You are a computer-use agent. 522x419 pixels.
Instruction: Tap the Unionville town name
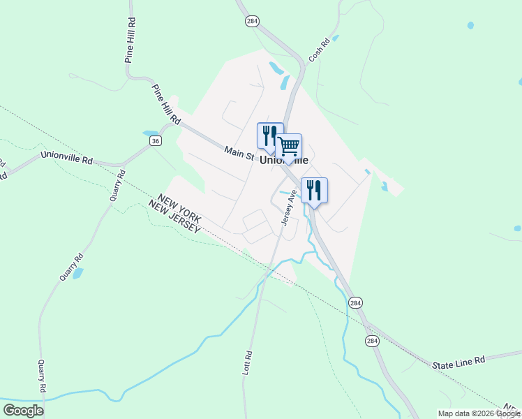tap(283, 160)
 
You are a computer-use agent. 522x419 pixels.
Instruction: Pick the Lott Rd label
tap(246, 362)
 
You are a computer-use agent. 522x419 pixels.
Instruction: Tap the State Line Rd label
tap(458, 362)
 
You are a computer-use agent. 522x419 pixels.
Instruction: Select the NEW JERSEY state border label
tap(174, 217)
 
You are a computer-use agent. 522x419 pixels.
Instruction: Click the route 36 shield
tap(156, 140)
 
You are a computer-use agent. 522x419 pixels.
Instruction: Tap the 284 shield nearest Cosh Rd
tap(252, 22)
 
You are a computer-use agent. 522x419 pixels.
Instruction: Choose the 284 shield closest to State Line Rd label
tap(372, 341)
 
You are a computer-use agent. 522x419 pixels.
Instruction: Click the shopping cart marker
tap(289, 147)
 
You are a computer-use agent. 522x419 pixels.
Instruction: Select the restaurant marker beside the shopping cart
tap(269, 135)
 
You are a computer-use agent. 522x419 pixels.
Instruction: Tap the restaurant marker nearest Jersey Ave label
tap(314, 190)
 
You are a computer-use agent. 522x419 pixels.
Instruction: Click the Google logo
tap(23, 410)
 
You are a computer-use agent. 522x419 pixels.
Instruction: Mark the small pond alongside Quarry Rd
tap(77, 273)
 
